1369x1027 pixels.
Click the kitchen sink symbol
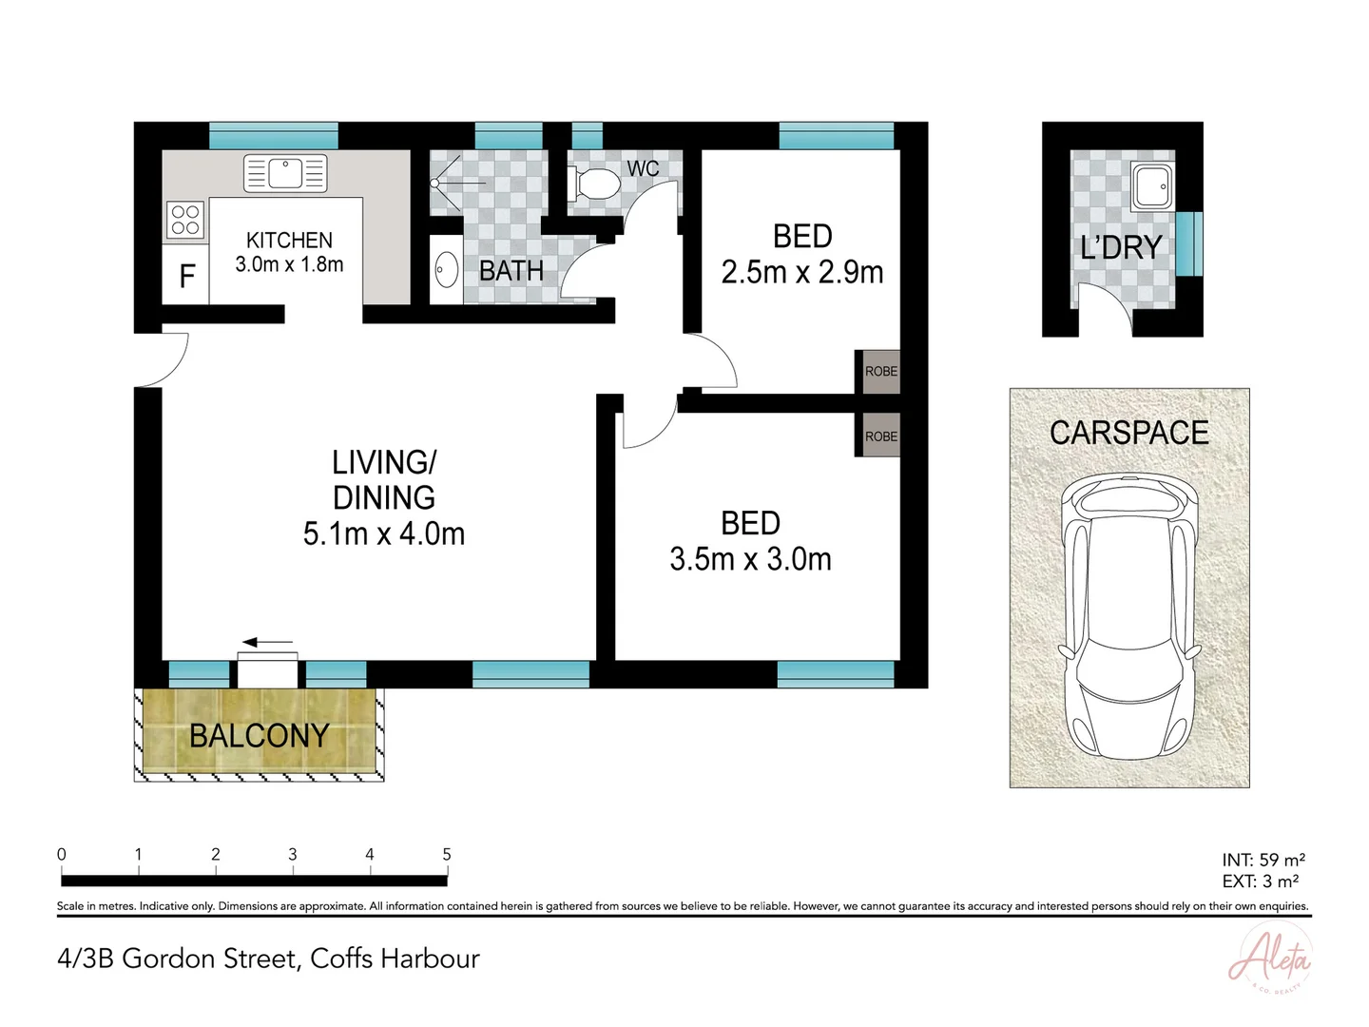[x=285, y=174]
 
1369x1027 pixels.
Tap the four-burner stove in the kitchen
[x=185, y=221]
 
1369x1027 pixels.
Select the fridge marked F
[x=186, y=277]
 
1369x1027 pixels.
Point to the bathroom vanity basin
[x=446, y=271]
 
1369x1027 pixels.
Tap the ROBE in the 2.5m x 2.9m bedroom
[x=880, y=371]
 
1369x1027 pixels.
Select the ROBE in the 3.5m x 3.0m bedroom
[x=880, y=436]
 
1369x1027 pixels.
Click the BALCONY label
[x=259, y=735]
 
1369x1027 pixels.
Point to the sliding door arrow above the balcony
[x=268, y=643]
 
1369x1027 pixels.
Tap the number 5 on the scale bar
[x=447, y=854]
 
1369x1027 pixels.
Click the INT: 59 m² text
[x=1263, y=861]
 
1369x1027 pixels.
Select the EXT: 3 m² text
[x=1261, y=882]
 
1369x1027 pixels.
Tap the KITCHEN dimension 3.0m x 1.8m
[x=289, y=264]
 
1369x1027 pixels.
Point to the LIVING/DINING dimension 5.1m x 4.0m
[x=384, y=534]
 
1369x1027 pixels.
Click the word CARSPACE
[x=1128, y=433]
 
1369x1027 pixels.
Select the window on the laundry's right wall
[x=1189, y=243]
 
